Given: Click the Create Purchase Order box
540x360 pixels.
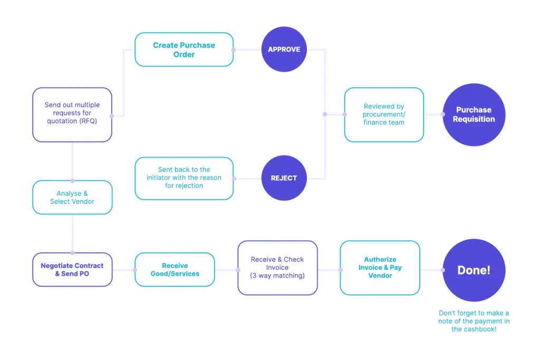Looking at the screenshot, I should [x=184, y=50].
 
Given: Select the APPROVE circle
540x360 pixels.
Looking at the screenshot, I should [x=284, y=50].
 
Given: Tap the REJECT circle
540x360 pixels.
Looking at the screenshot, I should [x=284, y=178].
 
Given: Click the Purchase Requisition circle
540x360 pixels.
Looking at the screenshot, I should [x=474, y=114].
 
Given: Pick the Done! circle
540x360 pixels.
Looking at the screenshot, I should [x=474, y=270].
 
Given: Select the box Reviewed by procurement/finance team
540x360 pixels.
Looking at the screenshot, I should [x=383, y=114].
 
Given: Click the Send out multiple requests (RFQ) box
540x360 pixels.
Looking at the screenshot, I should [x=72, y=114].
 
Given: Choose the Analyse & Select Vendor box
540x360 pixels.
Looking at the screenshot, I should [x=72, y=197].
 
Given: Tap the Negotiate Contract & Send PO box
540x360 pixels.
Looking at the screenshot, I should [x=72, y=269].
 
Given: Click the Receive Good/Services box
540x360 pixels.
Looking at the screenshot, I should [x=175, y=269].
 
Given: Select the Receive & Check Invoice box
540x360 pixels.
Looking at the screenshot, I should [x=277, y=267].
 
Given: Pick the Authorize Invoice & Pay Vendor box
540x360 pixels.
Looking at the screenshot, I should [x=380, y=267].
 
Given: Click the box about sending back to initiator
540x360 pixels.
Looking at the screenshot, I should [x=184, y=178].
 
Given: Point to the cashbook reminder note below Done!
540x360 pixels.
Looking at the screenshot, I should [x=474, y=321].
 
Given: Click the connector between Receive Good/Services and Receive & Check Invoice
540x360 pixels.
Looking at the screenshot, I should [x=226, y=270].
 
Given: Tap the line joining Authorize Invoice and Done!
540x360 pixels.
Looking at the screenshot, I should [x=431, y=270].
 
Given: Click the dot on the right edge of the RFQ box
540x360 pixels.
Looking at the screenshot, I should [x=112, y=116].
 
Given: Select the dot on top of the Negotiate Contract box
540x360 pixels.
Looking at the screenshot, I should [x=72, y=253].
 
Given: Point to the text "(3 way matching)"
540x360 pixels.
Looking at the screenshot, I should [x=277, y=276].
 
